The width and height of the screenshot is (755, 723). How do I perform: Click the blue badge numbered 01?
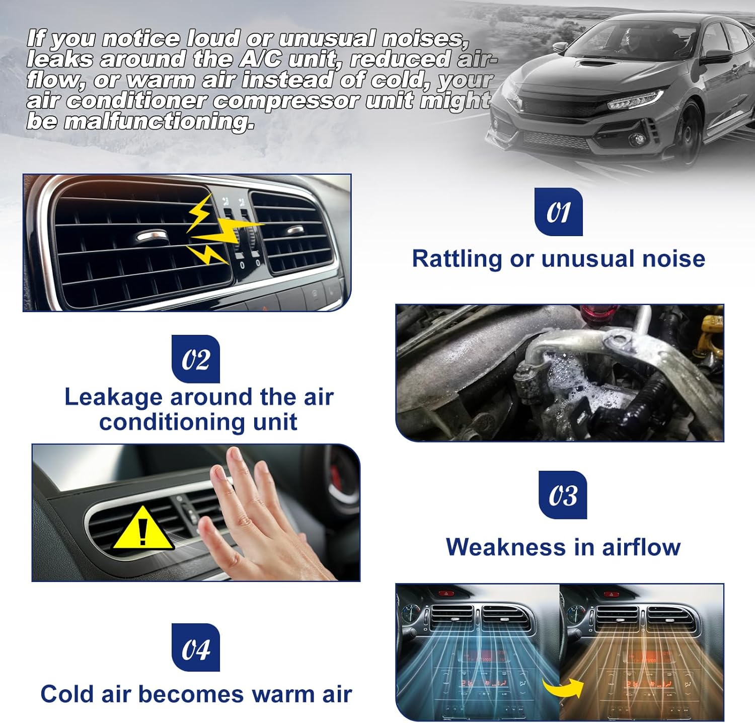[558, 212]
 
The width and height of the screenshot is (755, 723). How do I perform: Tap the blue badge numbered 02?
[196, 359]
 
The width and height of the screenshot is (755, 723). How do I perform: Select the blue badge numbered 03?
[563, 495]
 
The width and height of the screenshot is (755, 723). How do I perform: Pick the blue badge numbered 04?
[196, 647]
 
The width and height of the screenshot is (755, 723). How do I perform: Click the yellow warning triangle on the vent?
[142, 529]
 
